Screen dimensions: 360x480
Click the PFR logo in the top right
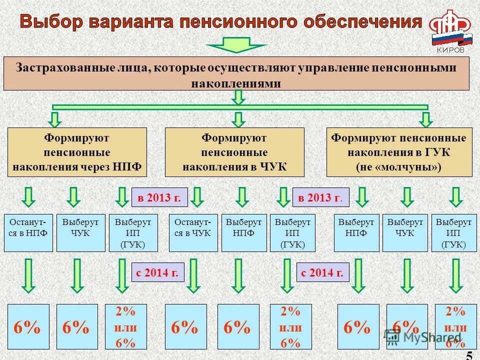(x=450, y=28)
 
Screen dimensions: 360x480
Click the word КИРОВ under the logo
(x=450, y=50)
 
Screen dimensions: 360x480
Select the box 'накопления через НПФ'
(x=77, y=152)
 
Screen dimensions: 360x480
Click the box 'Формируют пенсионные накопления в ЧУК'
(x=234, y=152)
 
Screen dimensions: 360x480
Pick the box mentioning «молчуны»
(x=399, y=152)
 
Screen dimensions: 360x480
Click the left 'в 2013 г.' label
(x=159, y=197)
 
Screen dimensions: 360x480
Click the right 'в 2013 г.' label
(x=320, y=197)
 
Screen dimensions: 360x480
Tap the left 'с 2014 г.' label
(x=158, y=272)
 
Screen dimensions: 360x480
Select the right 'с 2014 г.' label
(x=322, y=272)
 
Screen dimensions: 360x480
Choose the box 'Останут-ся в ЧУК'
(x=193, y=232)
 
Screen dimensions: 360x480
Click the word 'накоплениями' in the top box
(x=236, y=82)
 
